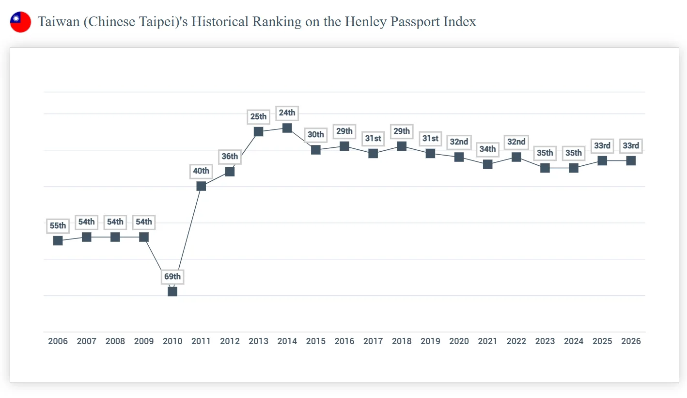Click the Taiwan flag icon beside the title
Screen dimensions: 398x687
click(20, 22)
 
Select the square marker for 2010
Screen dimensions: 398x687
click(172, 291)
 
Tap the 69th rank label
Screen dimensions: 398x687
click(172, 277)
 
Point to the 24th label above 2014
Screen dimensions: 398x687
click(287, 113)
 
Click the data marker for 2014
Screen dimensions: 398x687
click(287, 128)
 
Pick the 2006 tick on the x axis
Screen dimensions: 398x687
click(58, 341)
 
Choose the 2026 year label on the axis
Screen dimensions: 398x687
click(631, 341)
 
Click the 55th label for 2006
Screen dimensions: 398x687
click(58, 226)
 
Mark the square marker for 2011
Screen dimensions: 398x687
click(201, 186)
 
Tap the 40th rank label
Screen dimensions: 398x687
click(201, 171)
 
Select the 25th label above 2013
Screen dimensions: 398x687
click(258, 117)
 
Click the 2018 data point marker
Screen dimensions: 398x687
click(402, 146)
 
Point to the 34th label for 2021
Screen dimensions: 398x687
click(487, 149)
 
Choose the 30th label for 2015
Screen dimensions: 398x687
click(315, 135)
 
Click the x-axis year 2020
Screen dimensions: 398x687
click(459, 341)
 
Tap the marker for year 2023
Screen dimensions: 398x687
click(545, 168)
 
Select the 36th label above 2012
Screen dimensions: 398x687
click(230, 157)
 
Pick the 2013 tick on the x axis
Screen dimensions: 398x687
click(258, 341)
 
